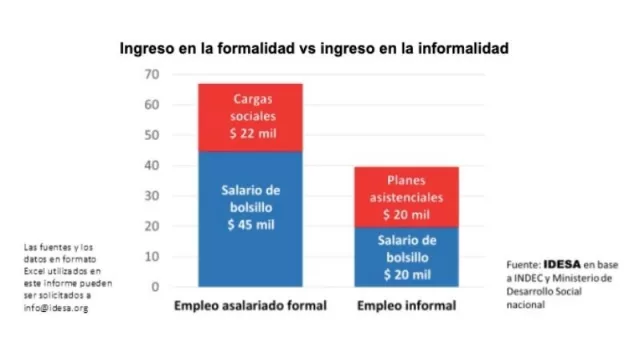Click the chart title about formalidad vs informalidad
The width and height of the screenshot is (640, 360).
315,48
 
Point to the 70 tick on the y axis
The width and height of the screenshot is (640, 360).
151,75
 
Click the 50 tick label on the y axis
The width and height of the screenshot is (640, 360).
151,135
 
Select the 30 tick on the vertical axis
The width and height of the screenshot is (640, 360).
151,196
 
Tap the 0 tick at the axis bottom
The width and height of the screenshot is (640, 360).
155,287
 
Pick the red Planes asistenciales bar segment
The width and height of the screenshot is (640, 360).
406,196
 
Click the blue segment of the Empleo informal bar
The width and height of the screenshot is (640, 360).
406,257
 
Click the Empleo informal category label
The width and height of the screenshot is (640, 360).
406,305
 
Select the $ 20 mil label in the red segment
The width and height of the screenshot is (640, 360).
406,214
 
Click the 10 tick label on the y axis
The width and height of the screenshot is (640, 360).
151,257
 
